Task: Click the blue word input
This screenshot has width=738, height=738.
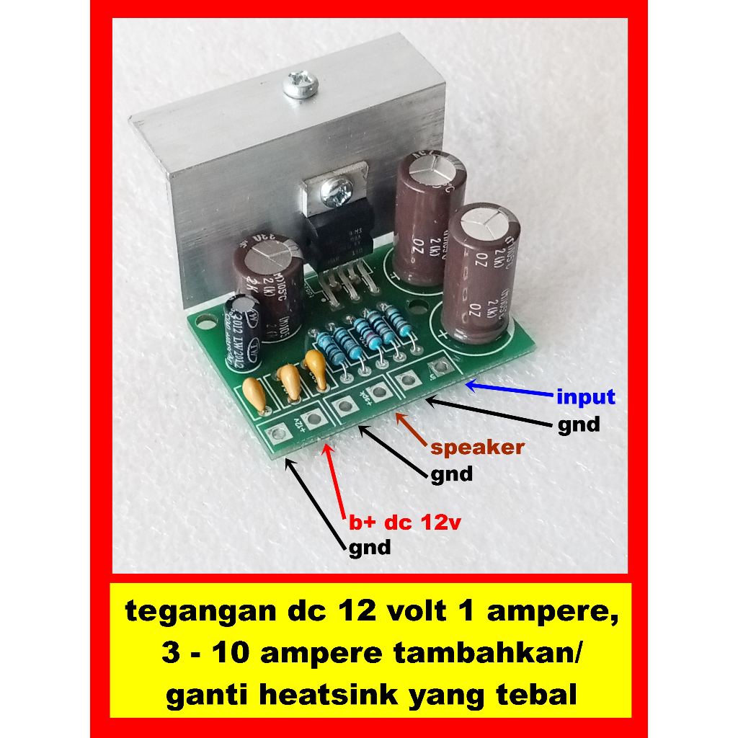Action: click(585, 397)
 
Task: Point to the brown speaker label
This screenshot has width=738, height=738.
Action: click(477, 448)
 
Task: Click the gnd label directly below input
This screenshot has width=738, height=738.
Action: click(578, 424)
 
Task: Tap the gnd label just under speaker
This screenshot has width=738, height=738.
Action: click(451, 474)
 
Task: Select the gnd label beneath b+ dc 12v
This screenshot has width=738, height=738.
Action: click(370, 548)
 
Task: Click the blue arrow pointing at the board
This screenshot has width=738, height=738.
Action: click(509, 389)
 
